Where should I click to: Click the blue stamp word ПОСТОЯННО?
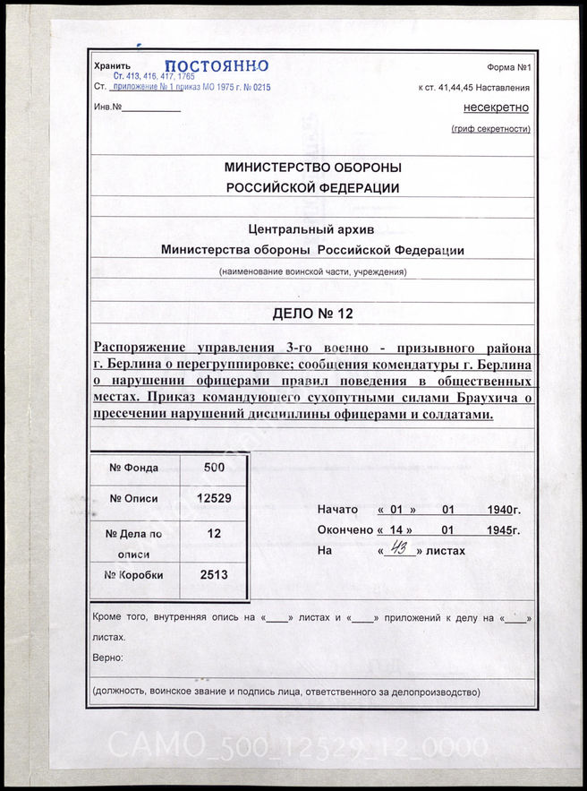(x=217, y=65)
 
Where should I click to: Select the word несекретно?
(x=496, y=107)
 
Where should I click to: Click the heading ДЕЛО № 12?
(x=312, y=313)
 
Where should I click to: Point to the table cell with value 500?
(x=214, y=467)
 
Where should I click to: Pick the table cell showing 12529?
(x=214, y=499)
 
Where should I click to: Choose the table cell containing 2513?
(x=214, y=575)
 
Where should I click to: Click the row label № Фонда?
(x=134, y=467)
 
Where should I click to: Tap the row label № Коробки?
(x=134, y=575)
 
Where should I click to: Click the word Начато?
(x=337, y=510)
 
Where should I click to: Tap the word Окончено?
(x=345, y=530)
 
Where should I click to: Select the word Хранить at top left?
(x=112, y=66)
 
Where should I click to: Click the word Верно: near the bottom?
(x=108, y=658)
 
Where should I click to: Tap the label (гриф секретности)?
(x=490, y=130)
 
